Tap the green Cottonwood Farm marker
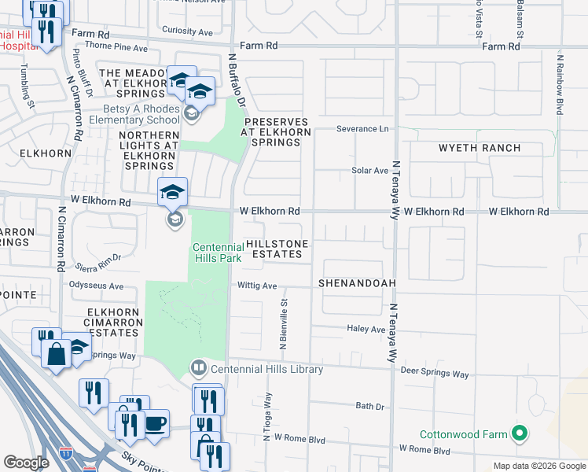click(x=519, y=433)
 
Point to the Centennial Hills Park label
click(x=218, y=252)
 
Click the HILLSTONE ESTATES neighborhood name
click(x=274, y=249)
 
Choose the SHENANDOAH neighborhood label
click(x=356, y=282)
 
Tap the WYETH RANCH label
click(x=480, y=148)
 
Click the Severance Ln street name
click(x=362, y=128)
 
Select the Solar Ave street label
click(x=369, y=170)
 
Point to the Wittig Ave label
click(x=257, y=286)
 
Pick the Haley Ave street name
click(x=366, y=329)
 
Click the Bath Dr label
click(x=369, y=406)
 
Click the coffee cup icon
click(x=155, y=424)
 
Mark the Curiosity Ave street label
click(x=187, y=31)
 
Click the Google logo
click(x=26, y=462)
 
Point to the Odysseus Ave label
click(x=97, y=286)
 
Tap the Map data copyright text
click(x=538, y=465)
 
